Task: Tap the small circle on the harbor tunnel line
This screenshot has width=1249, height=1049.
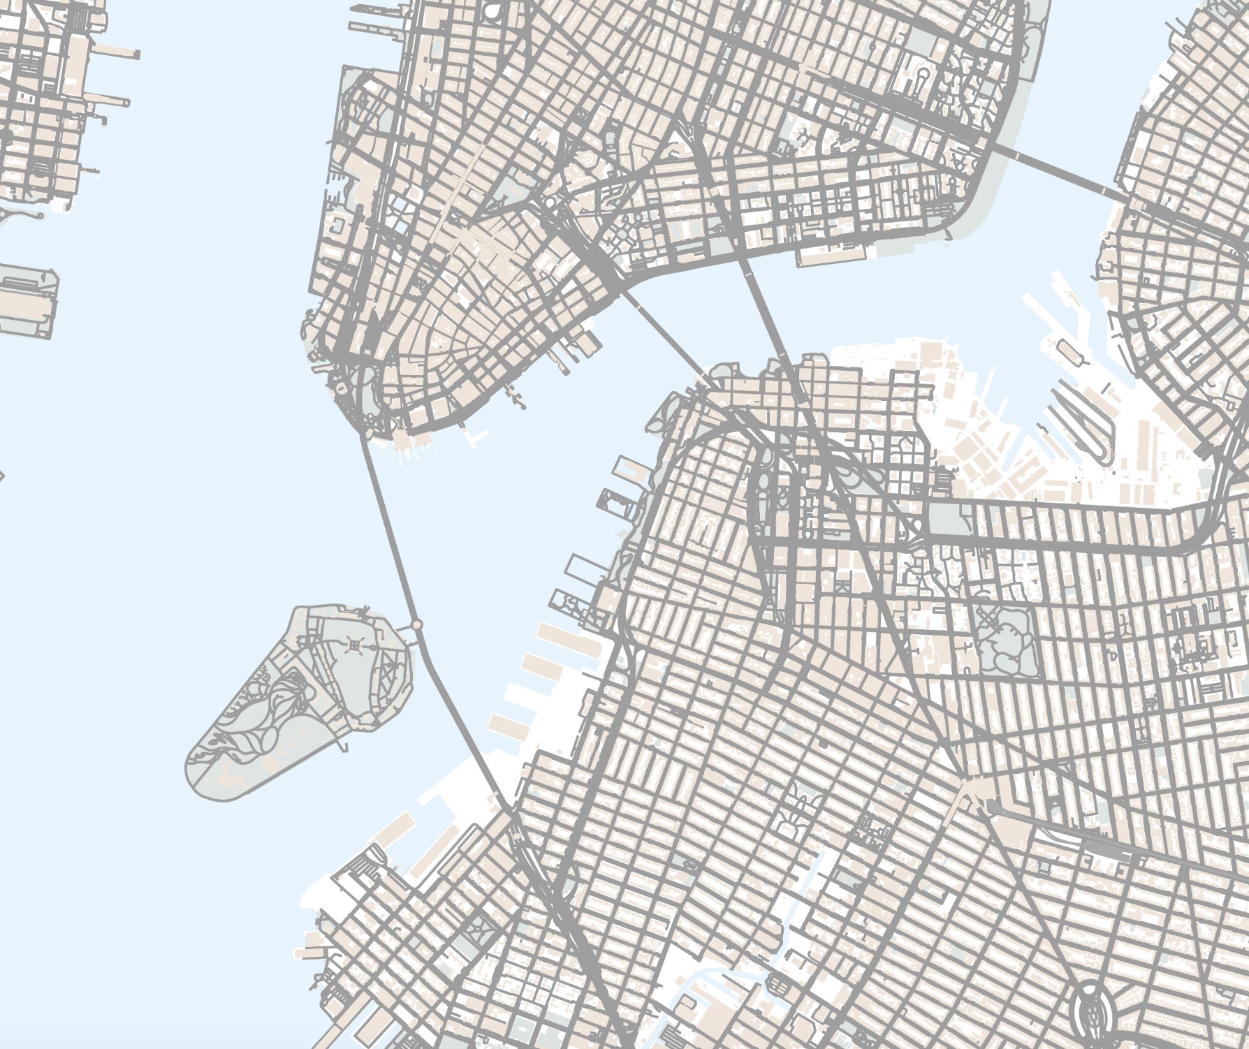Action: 417,624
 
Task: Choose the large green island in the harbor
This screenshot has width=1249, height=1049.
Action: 300,705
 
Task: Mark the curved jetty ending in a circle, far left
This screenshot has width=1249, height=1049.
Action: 21,214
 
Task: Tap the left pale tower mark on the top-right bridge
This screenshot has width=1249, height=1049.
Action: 1016,154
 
